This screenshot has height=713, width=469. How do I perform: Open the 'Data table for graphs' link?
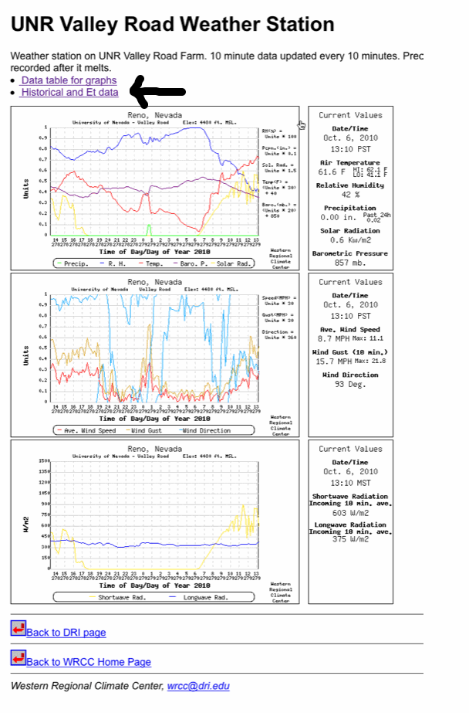[69, 80]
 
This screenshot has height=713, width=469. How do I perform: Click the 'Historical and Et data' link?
[69, 93]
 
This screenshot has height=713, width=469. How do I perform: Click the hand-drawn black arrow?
[158, 91]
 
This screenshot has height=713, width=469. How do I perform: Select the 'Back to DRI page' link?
[66, 633]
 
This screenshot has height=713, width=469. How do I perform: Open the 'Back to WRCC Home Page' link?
[88, 662]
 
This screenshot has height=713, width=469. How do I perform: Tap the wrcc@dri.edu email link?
[198, 686]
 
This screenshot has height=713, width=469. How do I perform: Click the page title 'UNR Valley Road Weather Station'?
[172, 25]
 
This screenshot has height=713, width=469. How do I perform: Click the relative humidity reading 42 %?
[350, 195]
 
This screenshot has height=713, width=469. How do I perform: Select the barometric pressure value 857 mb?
[350, 263]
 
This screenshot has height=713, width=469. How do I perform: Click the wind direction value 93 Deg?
[350, 384]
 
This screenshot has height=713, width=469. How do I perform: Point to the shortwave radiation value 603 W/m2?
[350, 512]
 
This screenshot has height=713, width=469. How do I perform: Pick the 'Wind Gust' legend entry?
[145, 430]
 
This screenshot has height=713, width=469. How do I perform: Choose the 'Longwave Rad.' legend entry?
[202, 597]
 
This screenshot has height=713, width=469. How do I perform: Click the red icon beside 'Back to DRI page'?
[19, 630]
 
